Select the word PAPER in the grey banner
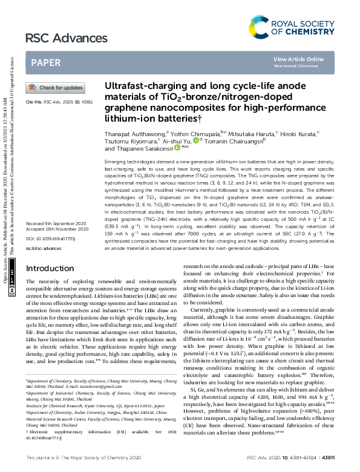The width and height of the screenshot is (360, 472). (45, 62)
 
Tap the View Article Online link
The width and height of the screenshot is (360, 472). (298, 59)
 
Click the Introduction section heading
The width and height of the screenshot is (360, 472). (50, 268)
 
